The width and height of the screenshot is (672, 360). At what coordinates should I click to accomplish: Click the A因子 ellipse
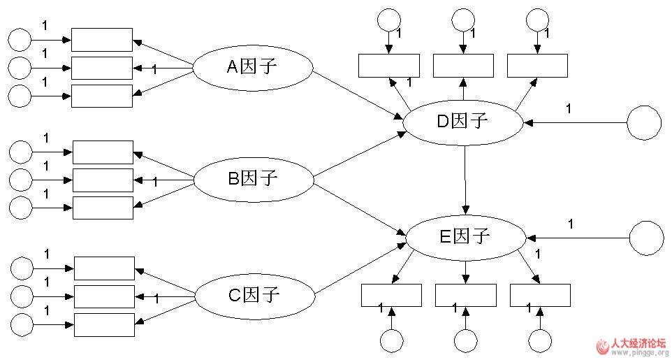coord(252,67)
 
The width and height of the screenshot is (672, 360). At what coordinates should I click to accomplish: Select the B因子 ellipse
coord(253,179)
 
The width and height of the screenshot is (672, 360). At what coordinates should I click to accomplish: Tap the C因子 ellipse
coord(254,295)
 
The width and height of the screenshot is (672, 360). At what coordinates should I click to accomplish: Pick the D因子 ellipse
coord(463,122)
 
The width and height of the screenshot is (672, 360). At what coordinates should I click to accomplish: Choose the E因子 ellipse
coord(465,236)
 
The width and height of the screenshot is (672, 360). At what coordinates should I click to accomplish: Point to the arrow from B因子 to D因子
coord(359,154)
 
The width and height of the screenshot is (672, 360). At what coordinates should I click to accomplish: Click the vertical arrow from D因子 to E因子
coord(465,178)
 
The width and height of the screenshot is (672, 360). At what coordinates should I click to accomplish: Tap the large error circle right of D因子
coord(643,123)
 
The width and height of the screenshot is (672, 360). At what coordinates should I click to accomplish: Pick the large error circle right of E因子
coord(646,238)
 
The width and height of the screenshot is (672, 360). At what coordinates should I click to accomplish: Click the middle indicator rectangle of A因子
coord(101,68)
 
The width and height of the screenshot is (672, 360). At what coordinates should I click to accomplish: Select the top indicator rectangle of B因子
coord(103,152)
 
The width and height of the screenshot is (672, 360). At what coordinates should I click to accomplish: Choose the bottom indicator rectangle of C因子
coord(104,324)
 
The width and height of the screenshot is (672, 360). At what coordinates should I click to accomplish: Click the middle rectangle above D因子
coord(462,65)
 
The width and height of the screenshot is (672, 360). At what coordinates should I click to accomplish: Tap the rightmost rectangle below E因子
coord(540,296)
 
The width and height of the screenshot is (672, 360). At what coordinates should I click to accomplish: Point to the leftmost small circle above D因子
coord(388,20)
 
